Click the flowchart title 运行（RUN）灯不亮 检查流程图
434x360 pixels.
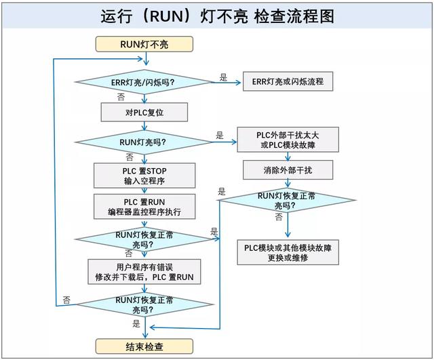[x=217, y=16]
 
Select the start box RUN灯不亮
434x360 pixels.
[x=144, y=45]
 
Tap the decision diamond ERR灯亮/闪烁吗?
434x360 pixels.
[x=144, y=83]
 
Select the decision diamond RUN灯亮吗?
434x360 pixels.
[x=144, y=142]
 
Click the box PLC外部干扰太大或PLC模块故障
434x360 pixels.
[x=288, y=140]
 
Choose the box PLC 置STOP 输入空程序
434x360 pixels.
[x=144, y=175]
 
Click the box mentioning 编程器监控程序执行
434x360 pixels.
[x=144, y=207]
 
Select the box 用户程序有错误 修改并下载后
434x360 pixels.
[x=144, y=271]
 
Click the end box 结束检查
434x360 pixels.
[x=144, y=346]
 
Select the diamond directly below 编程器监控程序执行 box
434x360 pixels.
[x=144, y=239]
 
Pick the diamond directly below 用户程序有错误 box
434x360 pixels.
[x=144, y=304]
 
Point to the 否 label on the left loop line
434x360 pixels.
[x=66, y=299]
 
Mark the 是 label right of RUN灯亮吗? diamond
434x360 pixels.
[x=219, y=135]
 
